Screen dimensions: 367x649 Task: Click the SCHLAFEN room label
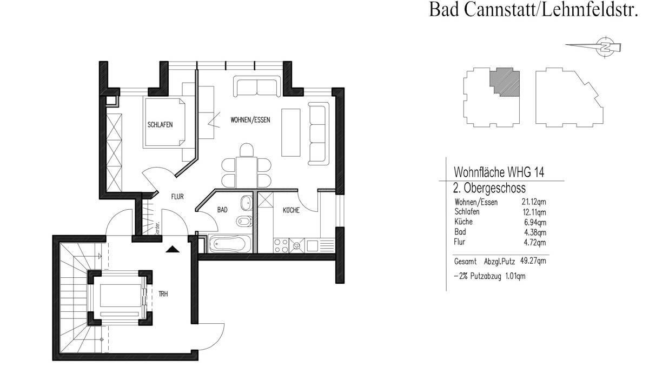point(160,125)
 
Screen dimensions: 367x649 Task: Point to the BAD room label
point(222,209)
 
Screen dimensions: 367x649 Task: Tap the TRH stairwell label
point(162,294)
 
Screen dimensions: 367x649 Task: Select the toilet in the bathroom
point(244,222)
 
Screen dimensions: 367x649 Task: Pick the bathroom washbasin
point(247,202)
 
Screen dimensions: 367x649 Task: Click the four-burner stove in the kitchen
point(281,246)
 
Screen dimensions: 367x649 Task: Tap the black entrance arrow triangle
point(172,249)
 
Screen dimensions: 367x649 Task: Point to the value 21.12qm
point(533,202)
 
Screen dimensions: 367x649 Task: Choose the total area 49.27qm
point(533,261)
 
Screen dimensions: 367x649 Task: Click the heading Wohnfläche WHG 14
point(498,173)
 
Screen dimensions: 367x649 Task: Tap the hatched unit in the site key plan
point(505,82)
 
